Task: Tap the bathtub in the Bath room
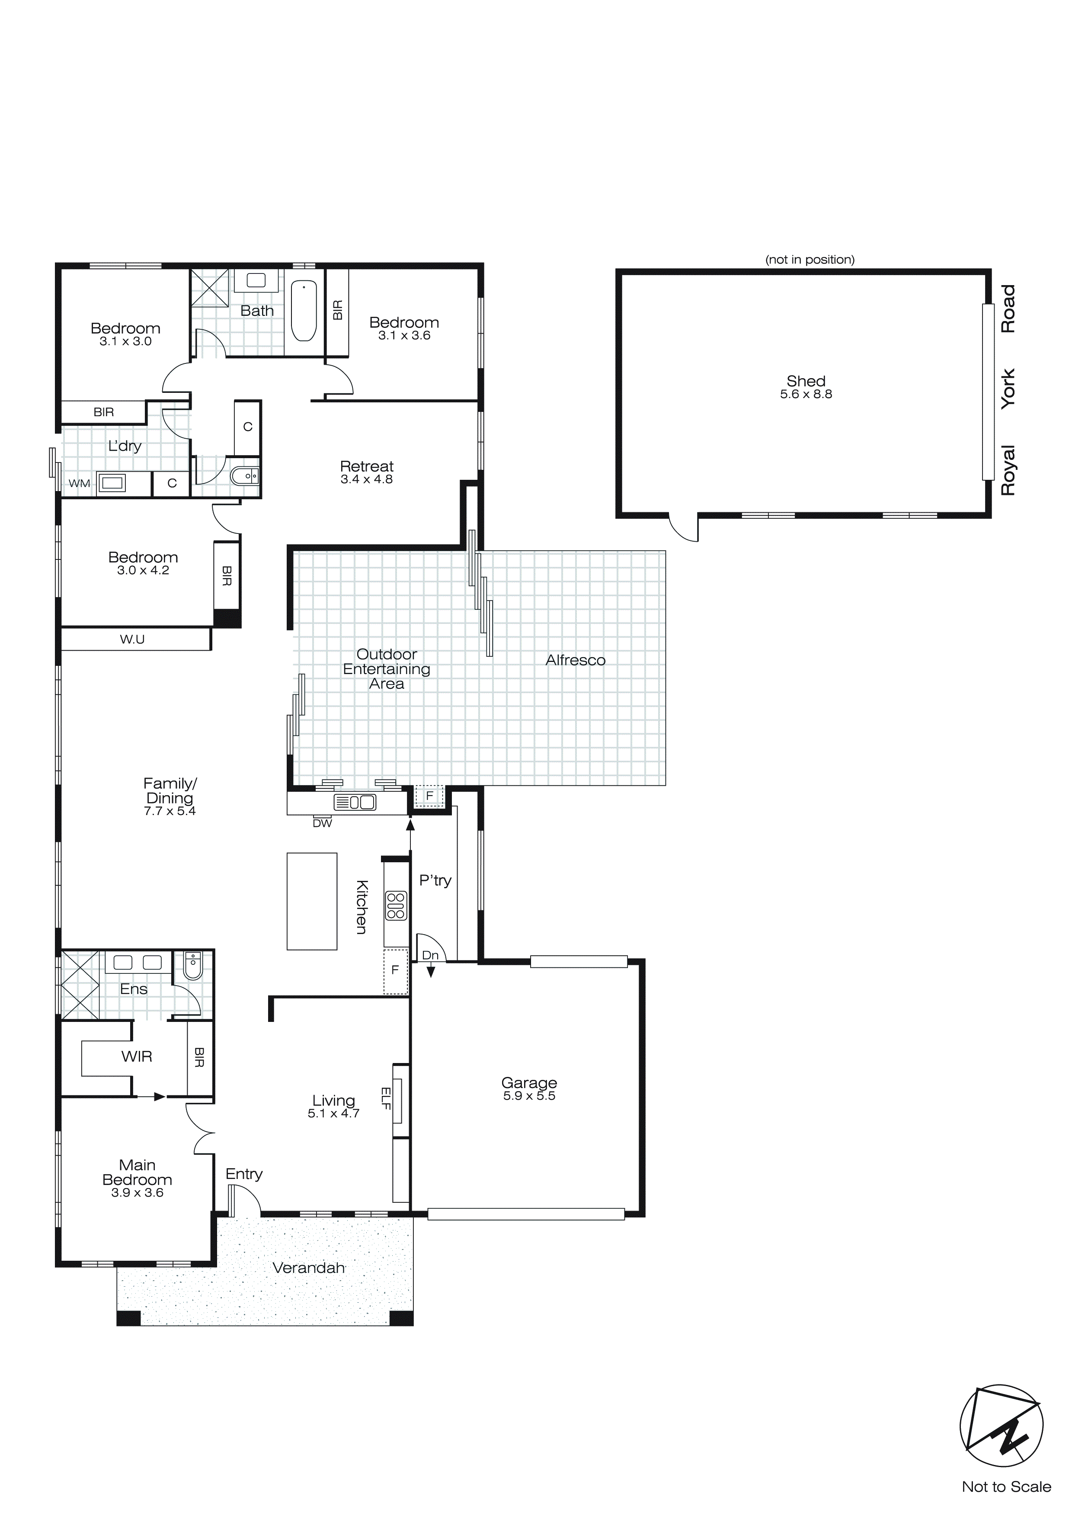[x=304, y=310]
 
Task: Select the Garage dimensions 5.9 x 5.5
[x=529, y=1095]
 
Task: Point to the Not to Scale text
[x=1006, y=1486]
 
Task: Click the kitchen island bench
[x=311, y=901]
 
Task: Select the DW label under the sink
[x=322, y=823]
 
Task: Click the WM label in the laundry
[x=79, y=483]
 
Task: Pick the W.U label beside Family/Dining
[x=132, y=639]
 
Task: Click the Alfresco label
[x=575, y=660]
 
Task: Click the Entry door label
[x=243, y=1173]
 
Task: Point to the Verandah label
[x=308, y=1268]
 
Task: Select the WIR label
[x=137, y=1057]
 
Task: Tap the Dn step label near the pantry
[x=430, y=955]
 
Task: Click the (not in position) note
[x=809, y=260]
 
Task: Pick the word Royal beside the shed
[x=1007, y=470]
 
